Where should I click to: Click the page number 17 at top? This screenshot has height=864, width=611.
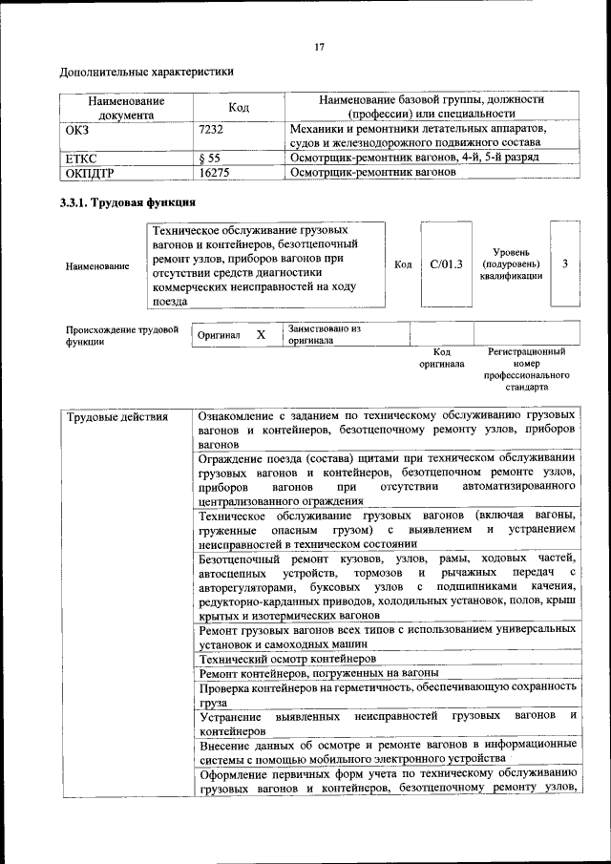[320, 47]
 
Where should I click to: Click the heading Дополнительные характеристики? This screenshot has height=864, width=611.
[146, 72]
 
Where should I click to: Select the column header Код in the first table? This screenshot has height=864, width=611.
[239, 107]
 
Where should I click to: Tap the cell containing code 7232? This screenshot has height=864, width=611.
[211, 128]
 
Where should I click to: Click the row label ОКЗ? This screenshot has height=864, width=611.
[76, 128]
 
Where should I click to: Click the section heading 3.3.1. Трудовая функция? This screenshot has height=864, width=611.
[128, 203]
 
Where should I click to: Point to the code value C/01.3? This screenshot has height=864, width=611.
[446, 264]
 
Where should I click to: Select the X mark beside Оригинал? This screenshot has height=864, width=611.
[260, 335]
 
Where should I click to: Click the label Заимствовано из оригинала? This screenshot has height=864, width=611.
[324, 334]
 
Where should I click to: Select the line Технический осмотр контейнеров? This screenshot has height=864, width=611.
[287, 658]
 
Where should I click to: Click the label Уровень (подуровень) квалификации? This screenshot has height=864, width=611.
[511, 263]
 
